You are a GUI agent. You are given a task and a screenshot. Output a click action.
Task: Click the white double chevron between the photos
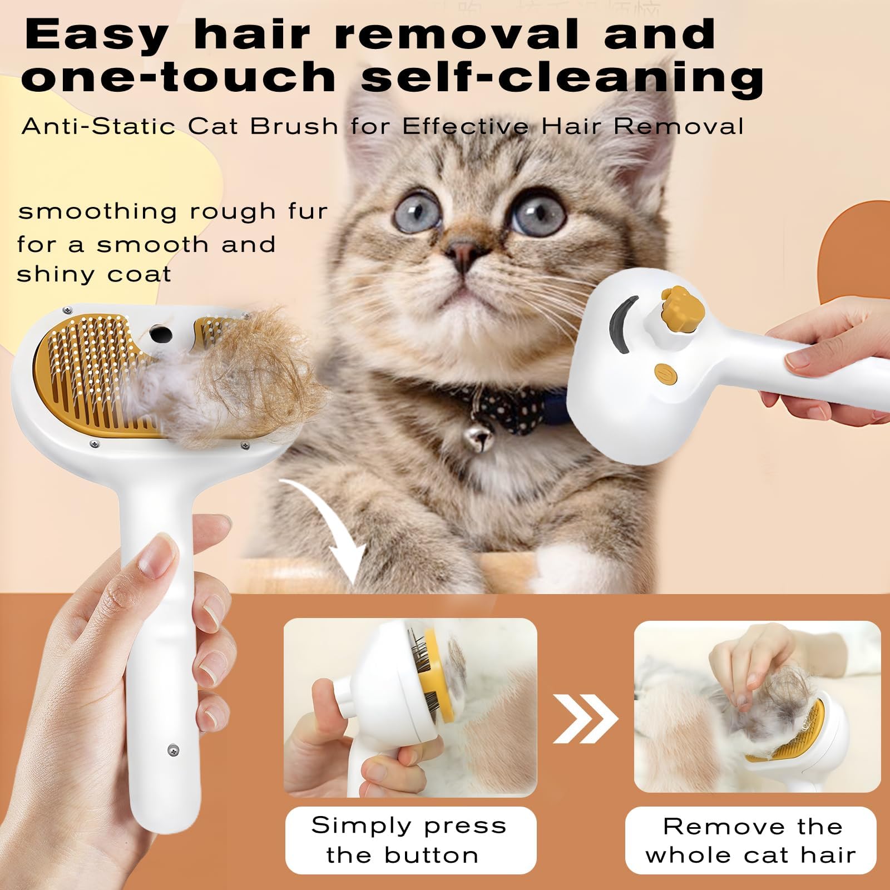pyautogui.click(x=586, y=718)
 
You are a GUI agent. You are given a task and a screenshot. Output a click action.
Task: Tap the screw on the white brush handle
pyautogui.click(x=173, y=750)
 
